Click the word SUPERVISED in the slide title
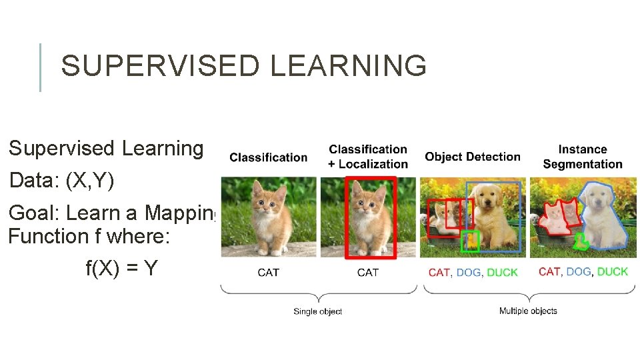[x=155, y=66]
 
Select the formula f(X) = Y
[x=121, y=268]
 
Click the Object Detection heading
[x=473, y=157]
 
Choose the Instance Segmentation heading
[x=582, y=157]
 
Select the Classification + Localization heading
[x=368, y=157]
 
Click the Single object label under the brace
[x=317, y=311]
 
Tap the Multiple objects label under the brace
[x=528, y=311]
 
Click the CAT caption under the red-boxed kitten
[x=368, y=272]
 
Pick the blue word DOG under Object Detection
[x=468, y=273]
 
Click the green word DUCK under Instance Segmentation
[x=612, y=271]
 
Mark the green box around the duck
[x=470, y=241]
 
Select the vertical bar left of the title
[x=40, y=67]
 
